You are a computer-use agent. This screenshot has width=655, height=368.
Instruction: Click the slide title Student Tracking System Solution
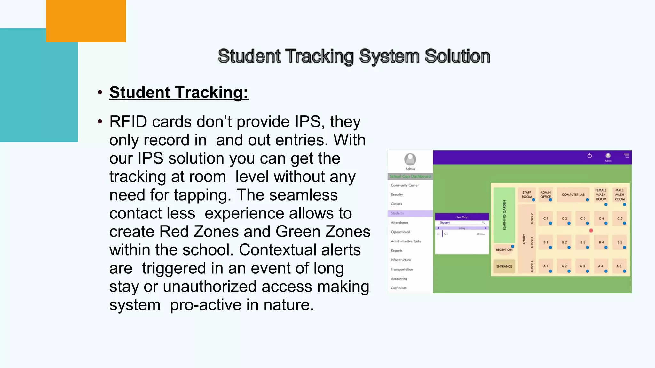353,56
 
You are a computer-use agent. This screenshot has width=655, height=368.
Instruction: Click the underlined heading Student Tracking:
178,92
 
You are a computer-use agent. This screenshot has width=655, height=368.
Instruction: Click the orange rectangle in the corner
86,21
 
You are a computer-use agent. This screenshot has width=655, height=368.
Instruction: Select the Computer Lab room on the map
573,195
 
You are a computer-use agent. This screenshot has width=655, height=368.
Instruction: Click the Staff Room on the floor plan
526,195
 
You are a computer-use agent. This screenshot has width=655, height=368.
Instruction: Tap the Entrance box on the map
504,266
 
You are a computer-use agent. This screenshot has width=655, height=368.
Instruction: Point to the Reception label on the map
504,250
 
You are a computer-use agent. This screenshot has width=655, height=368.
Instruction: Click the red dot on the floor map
591,230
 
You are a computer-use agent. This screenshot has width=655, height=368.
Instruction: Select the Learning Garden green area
504,215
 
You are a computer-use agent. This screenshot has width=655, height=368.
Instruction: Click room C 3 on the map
583,218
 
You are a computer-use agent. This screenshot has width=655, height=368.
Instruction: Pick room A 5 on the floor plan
619,266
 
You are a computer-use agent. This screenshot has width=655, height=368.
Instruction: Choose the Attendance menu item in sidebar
399,223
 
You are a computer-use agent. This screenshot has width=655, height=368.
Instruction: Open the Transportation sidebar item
402,269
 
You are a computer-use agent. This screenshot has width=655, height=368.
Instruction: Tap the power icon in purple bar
589,156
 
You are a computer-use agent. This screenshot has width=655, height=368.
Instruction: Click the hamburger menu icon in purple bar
627,156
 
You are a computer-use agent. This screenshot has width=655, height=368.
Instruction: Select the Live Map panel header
462,217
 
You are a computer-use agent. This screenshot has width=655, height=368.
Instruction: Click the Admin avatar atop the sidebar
410,159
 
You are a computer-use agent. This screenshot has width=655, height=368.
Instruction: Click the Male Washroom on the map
619,195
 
